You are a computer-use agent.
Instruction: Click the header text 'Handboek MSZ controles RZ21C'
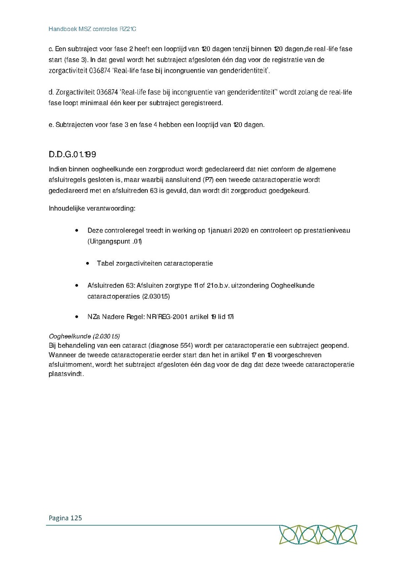[x=92, y=29]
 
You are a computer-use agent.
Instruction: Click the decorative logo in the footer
[x=318, y=534]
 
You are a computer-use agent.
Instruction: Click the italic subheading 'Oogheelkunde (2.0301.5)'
[x=84, y=336]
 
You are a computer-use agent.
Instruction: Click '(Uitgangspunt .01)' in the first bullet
[x=115, y=241]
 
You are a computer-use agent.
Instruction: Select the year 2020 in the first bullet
[x=242, y=230]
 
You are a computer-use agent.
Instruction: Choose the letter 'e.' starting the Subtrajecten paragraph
[x=51, y=125]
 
